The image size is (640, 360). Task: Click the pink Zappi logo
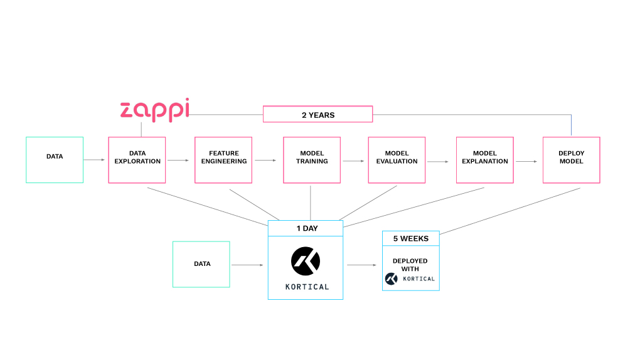coord(154,110)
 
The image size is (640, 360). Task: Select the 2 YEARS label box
coord(317,114)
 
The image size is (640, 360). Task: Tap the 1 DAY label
coord(306,228)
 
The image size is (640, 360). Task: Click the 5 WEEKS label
coord(410,238)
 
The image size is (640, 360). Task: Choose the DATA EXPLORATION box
coord(137,159)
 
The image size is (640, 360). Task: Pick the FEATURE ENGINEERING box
coord(223,159)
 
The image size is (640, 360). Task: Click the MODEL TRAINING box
coord(312,159)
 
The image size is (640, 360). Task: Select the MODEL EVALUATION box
coord(397,159)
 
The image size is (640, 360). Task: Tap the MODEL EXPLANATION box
coord(485,159)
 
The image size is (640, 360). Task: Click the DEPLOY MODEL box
coord(571,159)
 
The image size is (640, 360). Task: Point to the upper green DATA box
coord(55,159)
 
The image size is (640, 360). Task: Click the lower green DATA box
coord(201,264)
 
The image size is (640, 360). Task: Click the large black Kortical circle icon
coord(306,261)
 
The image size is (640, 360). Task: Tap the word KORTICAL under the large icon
coord(306,287)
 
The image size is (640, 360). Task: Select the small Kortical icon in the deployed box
coord(392,278)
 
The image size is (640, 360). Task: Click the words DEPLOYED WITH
coord(410,265)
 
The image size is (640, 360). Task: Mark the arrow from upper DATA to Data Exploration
coord(95,160)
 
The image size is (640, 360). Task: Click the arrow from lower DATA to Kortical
coord(248,265)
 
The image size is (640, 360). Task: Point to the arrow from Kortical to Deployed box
coord(361,265)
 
